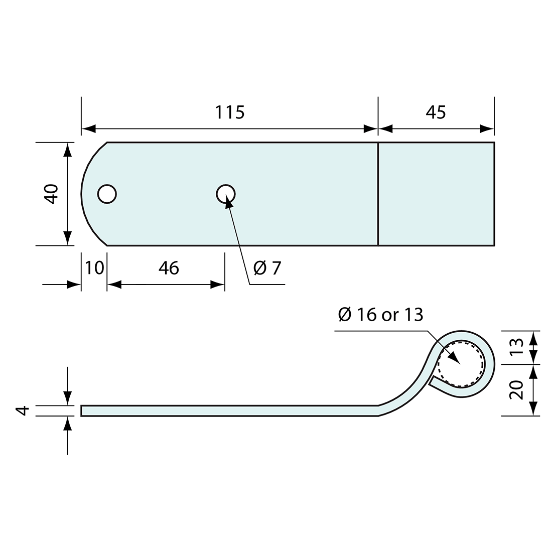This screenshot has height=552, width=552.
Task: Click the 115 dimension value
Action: click(230, 112)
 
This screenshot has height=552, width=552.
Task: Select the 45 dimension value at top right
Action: click(436, 112)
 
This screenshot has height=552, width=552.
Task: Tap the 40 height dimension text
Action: click(52, 194)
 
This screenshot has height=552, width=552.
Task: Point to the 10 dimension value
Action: click(94, 268)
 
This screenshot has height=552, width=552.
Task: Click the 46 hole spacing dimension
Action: click(169, 268)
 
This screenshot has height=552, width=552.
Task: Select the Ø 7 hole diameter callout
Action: click(267, 268)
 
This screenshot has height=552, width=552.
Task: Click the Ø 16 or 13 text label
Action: click(381, 315)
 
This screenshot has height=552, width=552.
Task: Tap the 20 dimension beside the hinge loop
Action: click(517, 389)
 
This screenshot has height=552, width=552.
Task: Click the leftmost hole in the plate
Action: click(107, 194)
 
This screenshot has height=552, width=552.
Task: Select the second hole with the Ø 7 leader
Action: click(226, 194)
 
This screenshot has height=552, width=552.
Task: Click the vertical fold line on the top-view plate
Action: click(378, 194)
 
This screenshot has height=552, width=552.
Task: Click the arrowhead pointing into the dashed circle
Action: click(454, 357)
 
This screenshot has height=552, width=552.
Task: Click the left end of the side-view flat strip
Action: click(82, 410)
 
